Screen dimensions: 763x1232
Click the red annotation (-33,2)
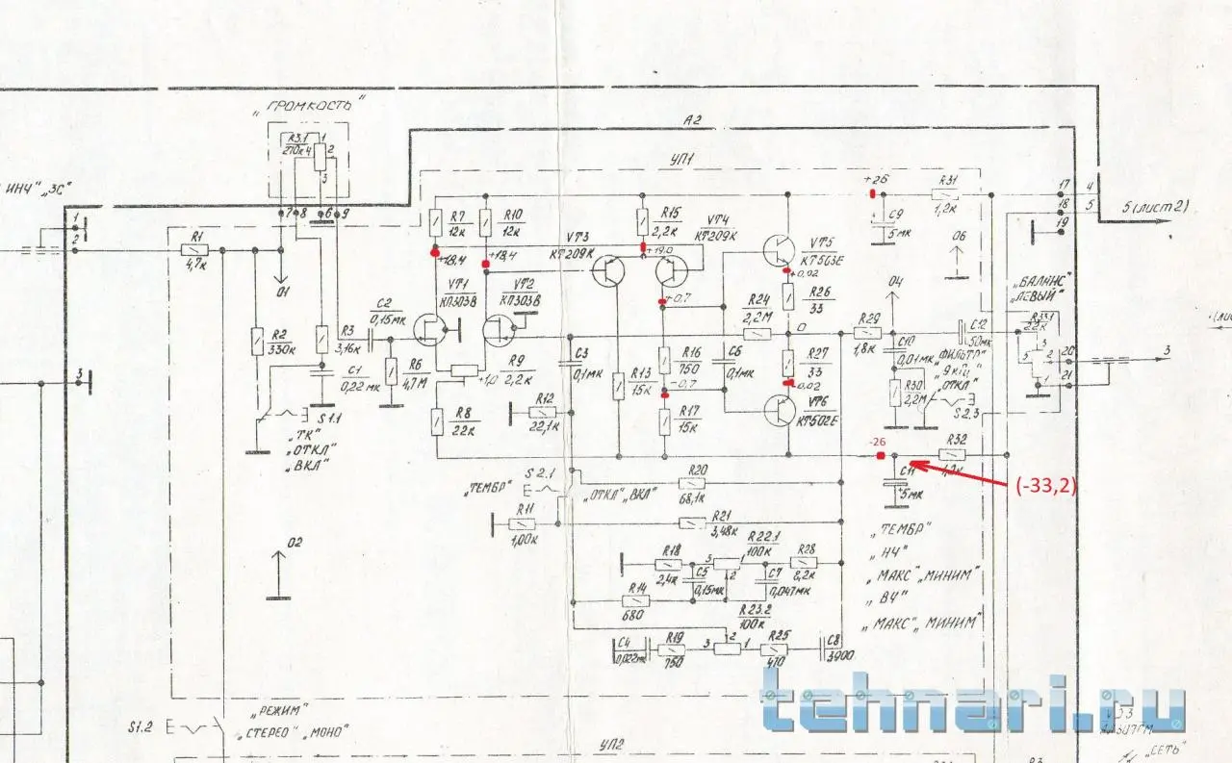1045,487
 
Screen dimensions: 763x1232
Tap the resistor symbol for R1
195,250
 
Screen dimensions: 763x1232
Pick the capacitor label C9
896,216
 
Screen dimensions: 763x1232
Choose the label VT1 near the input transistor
460,284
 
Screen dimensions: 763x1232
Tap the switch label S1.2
144,725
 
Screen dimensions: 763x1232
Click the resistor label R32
957,439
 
